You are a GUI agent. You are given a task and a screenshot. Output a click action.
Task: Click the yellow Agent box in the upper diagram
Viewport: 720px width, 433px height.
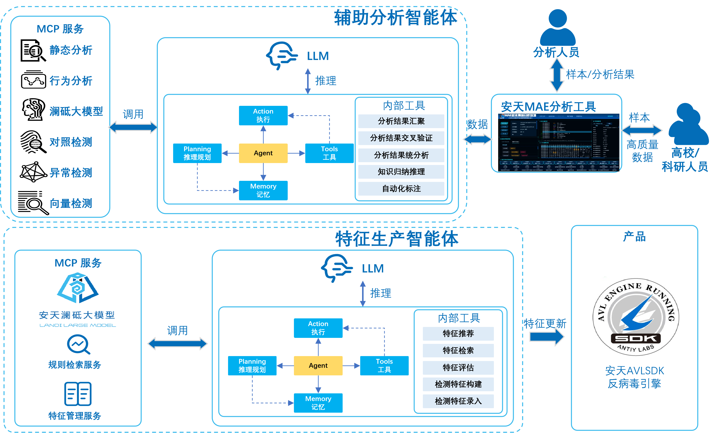[x=263, y=153]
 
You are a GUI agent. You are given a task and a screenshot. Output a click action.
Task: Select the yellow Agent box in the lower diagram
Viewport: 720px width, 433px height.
[x=318, y=366]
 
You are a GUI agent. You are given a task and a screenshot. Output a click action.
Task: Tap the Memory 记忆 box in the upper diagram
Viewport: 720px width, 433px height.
[x=263, y=190]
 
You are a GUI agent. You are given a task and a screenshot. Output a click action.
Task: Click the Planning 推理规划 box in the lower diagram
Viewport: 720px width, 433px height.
[x=252, y=366]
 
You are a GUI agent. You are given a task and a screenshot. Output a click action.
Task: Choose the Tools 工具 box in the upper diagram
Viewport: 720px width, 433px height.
[x=329, y=153]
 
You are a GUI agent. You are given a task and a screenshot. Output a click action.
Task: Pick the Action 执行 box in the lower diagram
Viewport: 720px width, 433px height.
[x=318, y=328]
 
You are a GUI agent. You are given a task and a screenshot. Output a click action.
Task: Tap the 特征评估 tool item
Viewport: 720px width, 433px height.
[x=458, y=368]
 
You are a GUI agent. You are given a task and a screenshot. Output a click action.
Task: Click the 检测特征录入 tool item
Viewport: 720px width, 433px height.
[x=458, y=401]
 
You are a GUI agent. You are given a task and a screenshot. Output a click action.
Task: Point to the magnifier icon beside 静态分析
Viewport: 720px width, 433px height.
[x=33, y=51]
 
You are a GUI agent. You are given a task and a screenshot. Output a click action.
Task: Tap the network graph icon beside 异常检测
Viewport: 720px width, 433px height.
[x=33, y=172]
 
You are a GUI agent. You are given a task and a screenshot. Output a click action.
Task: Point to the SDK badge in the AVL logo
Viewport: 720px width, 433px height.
[x=636, y=339]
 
